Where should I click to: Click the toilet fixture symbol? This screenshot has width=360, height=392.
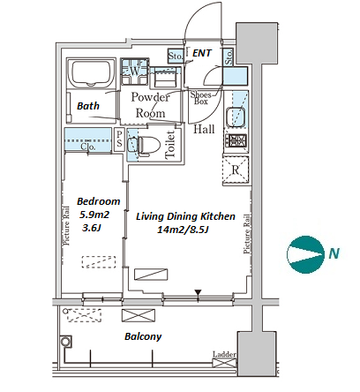[149, 145]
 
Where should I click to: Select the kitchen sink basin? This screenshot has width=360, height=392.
[236, 117]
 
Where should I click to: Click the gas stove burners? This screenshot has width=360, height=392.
[236, 140]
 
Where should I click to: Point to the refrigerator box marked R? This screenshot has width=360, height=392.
[236, 170]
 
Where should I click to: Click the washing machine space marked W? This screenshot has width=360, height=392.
[134, 71]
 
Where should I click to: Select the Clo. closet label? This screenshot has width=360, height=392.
[88, 147]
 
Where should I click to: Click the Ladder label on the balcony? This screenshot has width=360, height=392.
[224, 354]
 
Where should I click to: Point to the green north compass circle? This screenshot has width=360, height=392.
[304, 253]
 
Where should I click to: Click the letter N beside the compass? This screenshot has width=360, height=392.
[334, 253]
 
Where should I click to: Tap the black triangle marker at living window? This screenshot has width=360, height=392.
[198, 292]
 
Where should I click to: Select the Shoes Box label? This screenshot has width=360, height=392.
[201, 98]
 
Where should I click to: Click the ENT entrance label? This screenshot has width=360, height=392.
[202, 53]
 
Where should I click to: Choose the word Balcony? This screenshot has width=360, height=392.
[143, 336]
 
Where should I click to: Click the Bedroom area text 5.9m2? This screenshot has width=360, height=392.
[94, 215]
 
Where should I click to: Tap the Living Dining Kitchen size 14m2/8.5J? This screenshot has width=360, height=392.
[183, 230]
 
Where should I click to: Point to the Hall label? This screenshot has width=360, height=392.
[204, 129]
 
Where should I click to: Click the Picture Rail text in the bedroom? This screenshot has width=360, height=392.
[67, 226]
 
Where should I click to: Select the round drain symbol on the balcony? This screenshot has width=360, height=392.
[65, 342]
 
